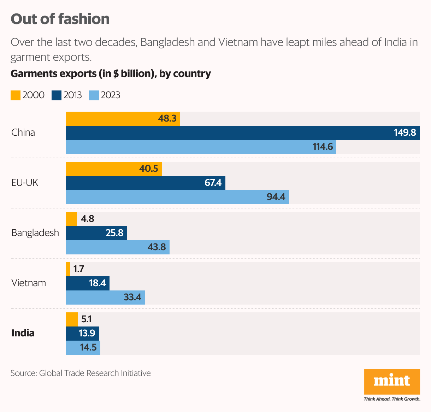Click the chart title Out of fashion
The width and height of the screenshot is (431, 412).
coord(60,19)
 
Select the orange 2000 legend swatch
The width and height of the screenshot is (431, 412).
coord(16,95)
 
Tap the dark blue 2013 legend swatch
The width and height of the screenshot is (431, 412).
coord(57,95)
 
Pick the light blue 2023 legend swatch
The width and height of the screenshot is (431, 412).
coord(94,95)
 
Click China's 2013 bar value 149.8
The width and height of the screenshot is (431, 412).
coord(405,133)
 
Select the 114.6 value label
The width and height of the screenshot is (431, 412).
coord(323,147)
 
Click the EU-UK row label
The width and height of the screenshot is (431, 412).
coord(25,183)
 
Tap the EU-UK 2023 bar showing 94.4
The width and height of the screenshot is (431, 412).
coord(177,197)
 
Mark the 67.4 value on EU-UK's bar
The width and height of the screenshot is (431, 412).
coord(213,183)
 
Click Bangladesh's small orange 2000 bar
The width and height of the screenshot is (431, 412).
coord(71,219)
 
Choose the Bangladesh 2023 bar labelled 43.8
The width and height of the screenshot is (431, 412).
coord(117,247)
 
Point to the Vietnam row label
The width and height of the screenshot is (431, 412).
coord(29,283)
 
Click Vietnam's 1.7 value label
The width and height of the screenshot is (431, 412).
coord(78,269)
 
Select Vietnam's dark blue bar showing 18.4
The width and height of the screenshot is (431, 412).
coord(87,283)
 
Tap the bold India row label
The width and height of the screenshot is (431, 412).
coord(23,333)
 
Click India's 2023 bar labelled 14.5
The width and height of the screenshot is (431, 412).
coord(83,348)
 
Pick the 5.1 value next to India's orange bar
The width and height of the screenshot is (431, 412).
coord(87,319)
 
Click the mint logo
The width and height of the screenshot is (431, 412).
coord(392,382)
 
